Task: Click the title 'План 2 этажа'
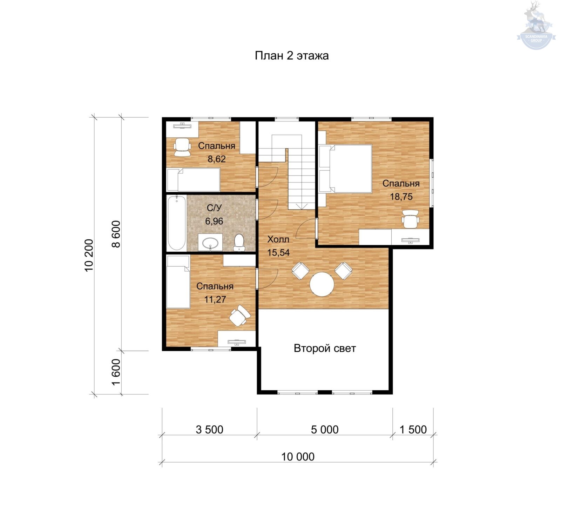(x=292, y=56)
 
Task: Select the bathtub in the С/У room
(x=176, y=224)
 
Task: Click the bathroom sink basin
(x=210, y=242)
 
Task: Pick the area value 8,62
(x=217, y=159)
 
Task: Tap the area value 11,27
(x=215, y=299)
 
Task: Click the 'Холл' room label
(x=278, y=239)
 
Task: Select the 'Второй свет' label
(x=325, y=348)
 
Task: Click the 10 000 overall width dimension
(x=298, y=457)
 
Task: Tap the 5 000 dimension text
(x=325, y=430)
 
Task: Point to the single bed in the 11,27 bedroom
(x=178, y=282)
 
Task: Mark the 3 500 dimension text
(x=209, y=430)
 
